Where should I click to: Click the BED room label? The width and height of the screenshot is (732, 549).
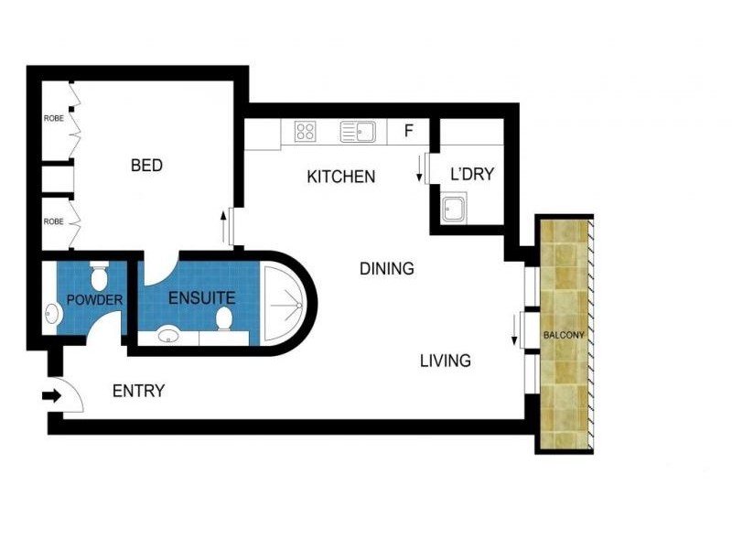coord(146,166)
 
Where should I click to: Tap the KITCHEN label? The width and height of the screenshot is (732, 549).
coord(340,177)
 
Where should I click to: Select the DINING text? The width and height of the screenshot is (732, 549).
coord(386,269)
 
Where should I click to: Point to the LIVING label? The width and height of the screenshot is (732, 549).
coord(445,361)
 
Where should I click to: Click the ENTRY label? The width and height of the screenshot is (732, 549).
coord(138,392)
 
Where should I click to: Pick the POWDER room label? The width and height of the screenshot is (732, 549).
coord(95,299)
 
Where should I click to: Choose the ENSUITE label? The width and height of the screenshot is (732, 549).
coord(202,297)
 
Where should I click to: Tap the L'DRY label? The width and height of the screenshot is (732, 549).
coord(472,173)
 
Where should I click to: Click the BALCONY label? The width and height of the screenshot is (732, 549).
coord(564,335)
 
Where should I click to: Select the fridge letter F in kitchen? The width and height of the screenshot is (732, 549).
coord(409,131)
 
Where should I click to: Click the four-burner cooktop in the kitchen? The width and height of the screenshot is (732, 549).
coord(305,132)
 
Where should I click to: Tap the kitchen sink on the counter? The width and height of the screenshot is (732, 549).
coord(359,132)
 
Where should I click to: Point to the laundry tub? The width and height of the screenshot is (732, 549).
coord(455,210)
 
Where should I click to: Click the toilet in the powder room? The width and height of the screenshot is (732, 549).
coord(100,274)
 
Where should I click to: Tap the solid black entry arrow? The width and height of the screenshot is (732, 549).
coord(50,396)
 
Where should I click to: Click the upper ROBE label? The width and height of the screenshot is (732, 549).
coord(53,119)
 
